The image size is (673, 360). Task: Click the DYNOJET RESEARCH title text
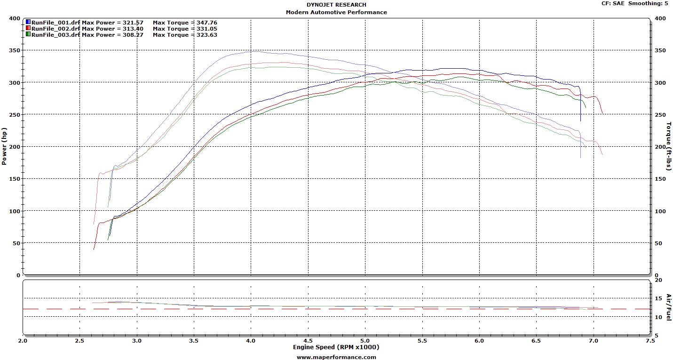click(336, 5)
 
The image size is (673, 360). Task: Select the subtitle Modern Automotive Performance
click(336, 12)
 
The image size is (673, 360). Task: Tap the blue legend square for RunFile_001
click(28, 22)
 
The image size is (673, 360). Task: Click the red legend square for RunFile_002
click(28, 28)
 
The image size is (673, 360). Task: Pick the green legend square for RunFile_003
click(28, 34)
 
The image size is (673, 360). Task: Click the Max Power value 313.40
click(133, 29)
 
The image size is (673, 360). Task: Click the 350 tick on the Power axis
click(15, 50)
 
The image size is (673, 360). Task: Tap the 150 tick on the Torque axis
click(660, 179)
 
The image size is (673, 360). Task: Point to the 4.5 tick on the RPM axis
click(308, 341)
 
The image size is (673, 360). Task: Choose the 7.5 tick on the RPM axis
click(650, 341)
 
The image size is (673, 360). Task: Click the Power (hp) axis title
click(4, 146)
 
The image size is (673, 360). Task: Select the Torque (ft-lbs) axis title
click(669, 146)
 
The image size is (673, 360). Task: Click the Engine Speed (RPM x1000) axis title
click(336, 347)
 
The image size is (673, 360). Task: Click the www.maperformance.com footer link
click(336, 357)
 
